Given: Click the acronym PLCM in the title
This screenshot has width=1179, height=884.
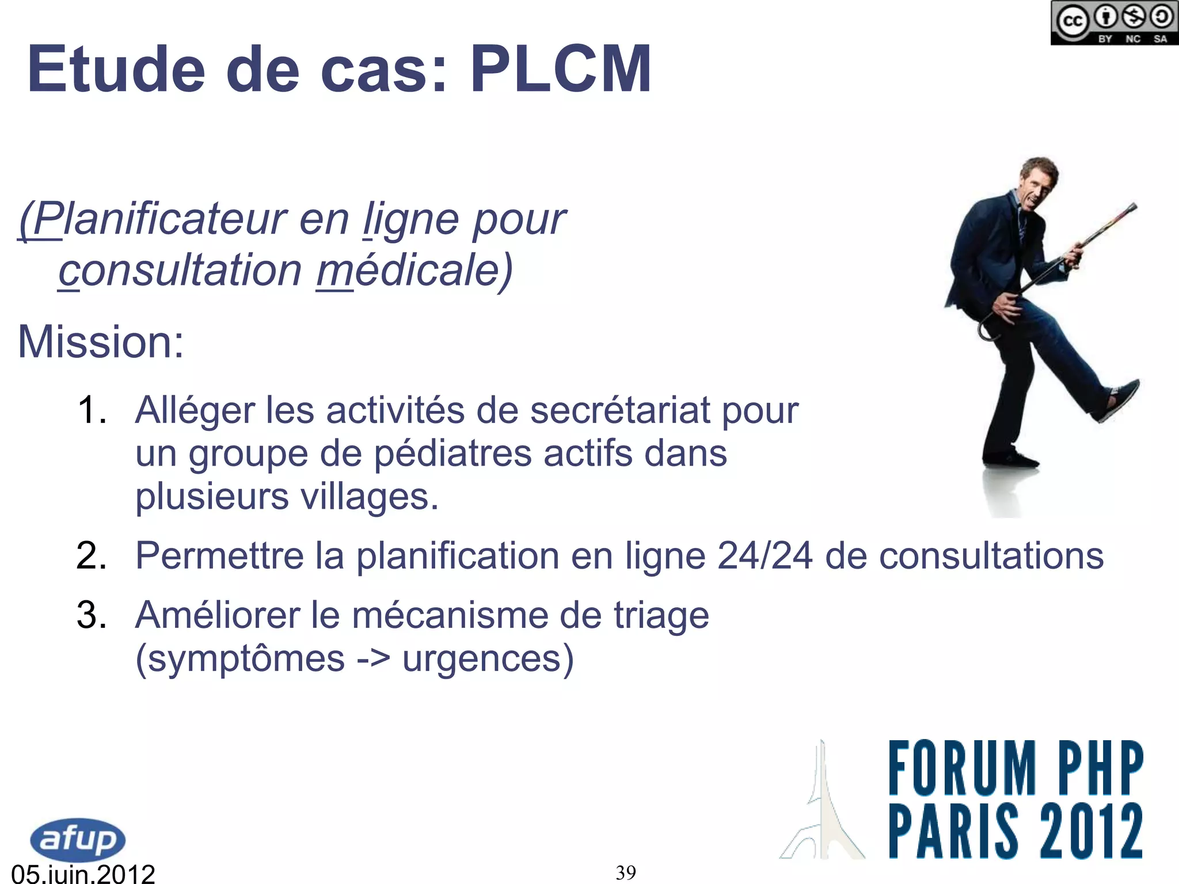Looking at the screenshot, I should point(561,69).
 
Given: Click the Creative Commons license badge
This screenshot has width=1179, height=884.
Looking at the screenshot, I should point(1114,23).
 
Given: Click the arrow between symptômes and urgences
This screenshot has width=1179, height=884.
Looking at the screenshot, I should point(374,658).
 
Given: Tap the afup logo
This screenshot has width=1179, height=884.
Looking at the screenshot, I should point(77,840).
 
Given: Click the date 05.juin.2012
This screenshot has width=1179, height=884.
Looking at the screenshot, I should point(83,874).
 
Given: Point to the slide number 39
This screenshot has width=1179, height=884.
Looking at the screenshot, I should point(626,872).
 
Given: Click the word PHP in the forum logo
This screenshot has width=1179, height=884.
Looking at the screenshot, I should point(1100,768).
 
